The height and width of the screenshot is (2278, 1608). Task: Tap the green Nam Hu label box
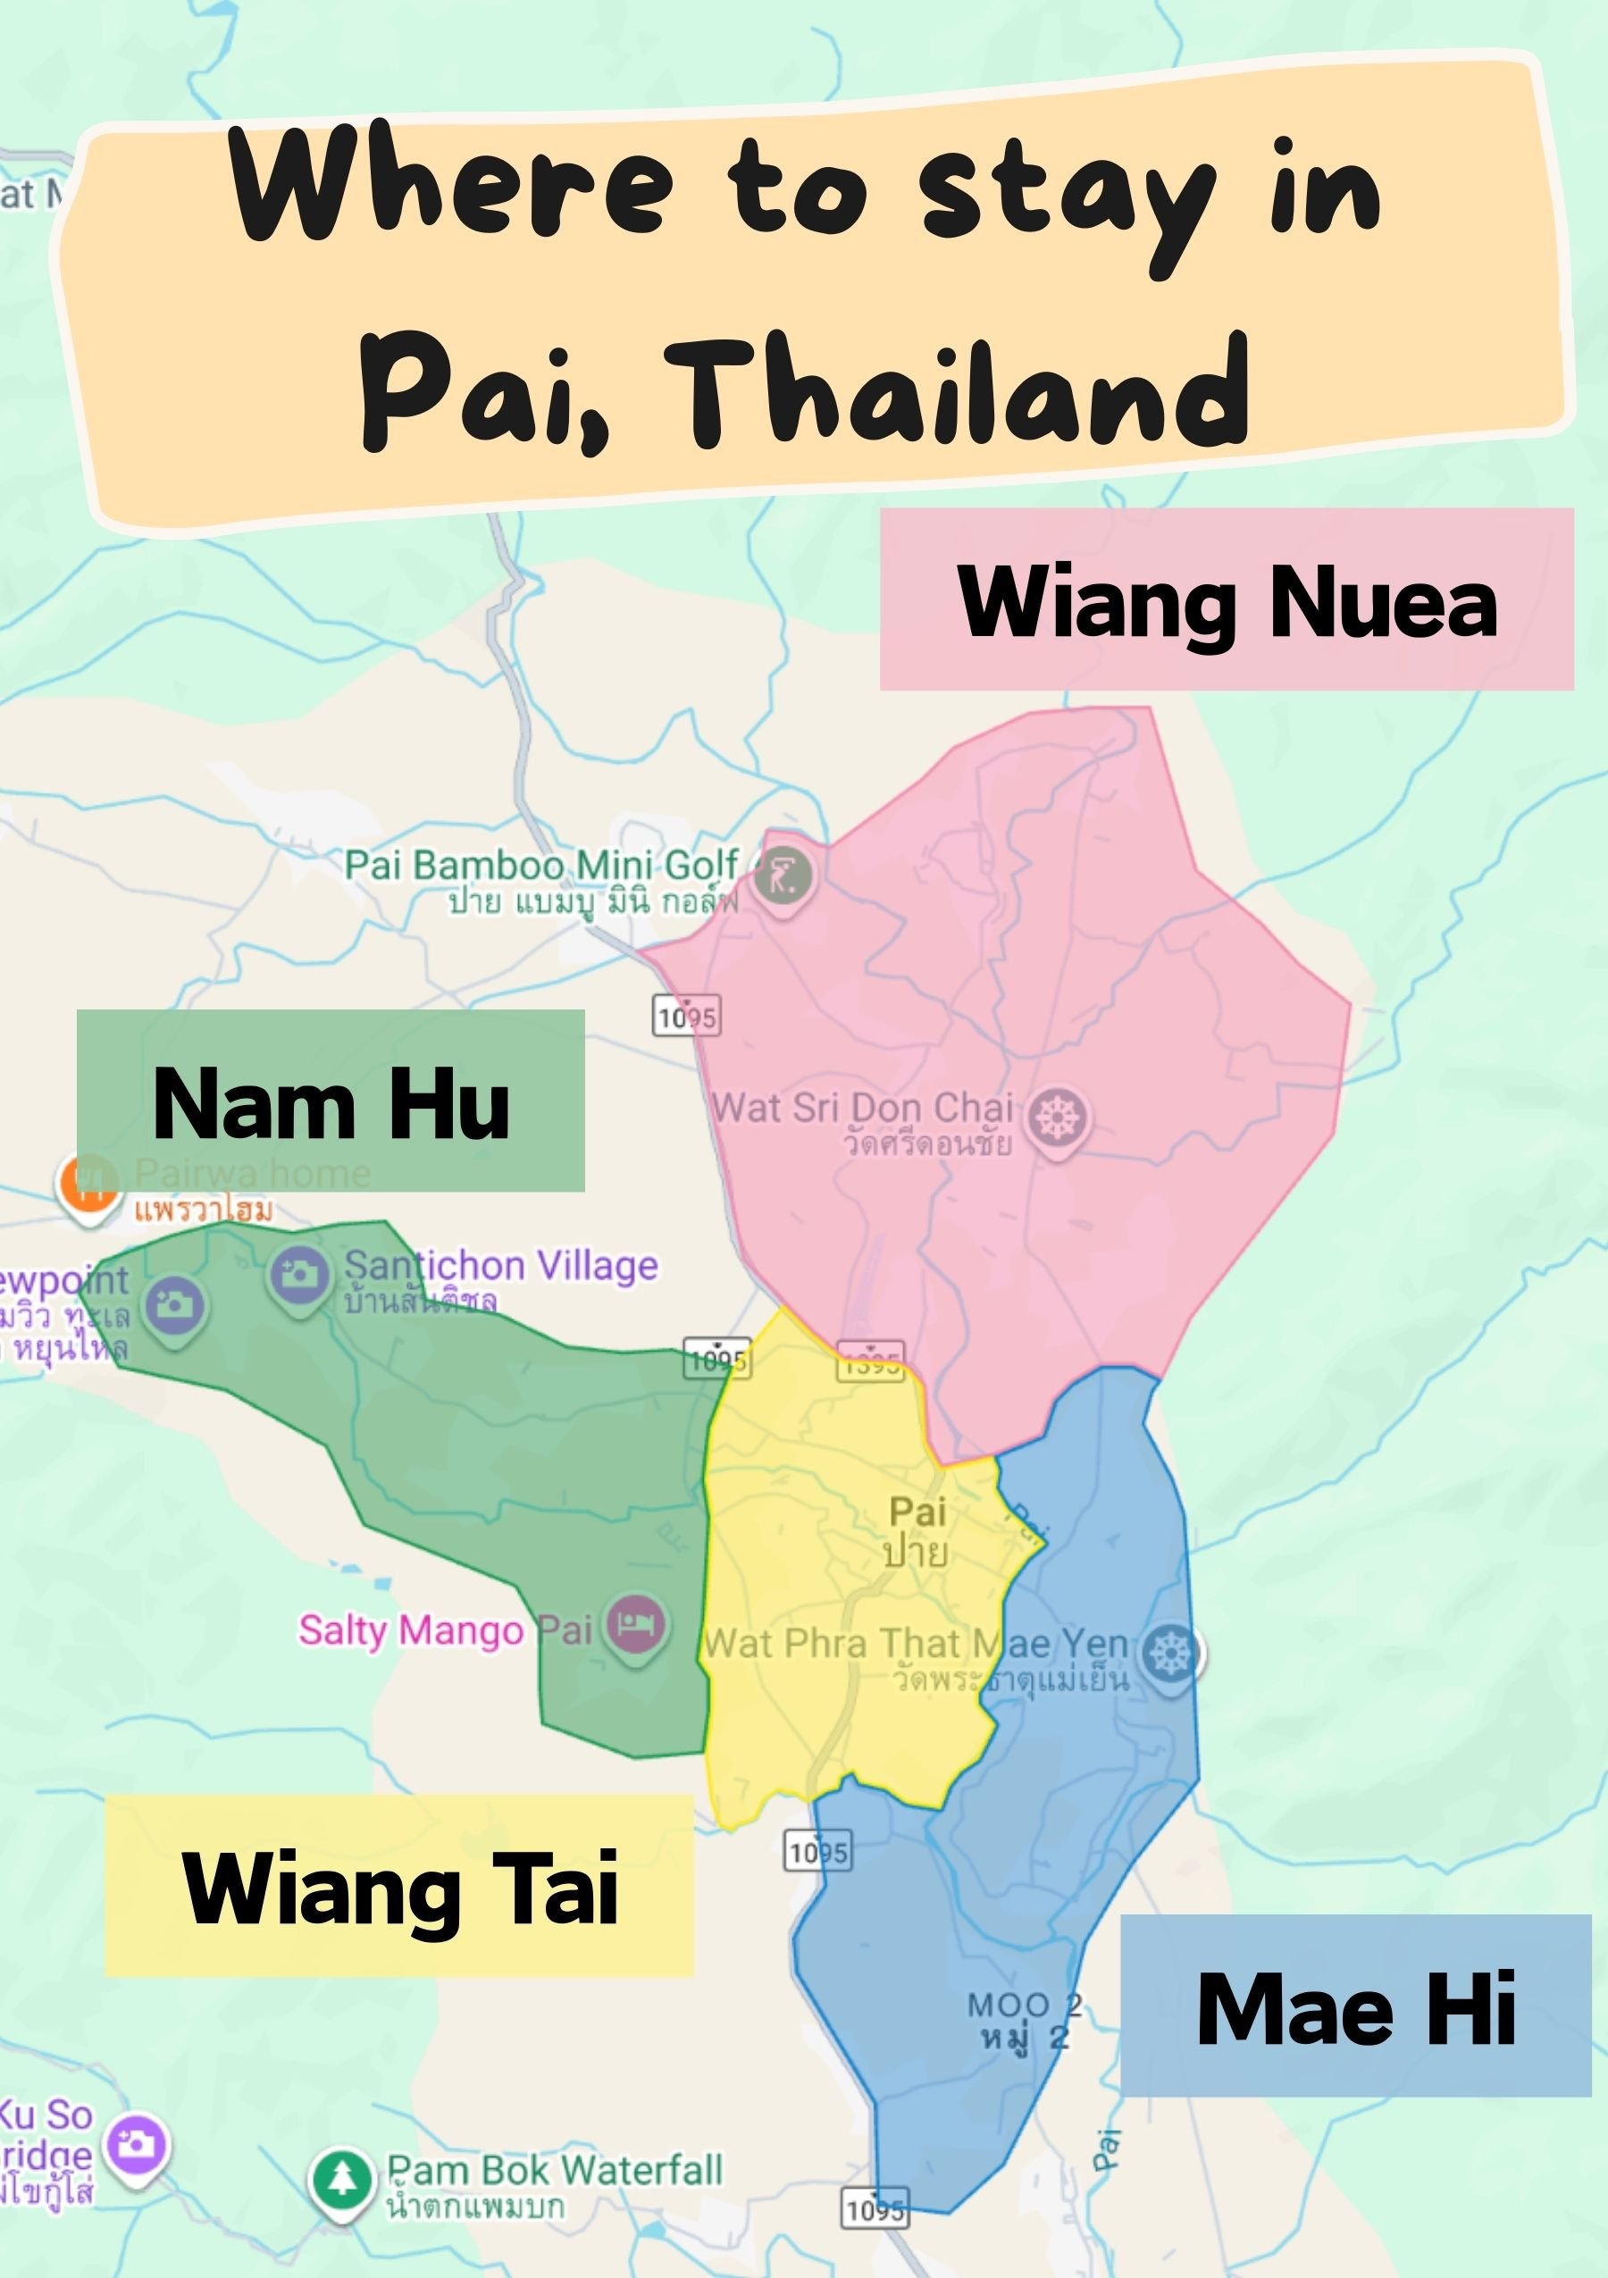coord(331,1101)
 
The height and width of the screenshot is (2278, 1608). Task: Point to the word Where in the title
coord(452,186)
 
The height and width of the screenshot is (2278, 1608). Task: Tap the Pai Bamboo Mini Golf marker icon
coord(783,876)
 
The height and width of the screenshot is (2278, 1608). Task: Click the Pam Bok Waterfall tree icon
coord(342,2177)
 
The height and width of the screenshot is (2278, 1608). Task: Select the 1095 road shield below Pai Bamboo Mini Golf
coord(686,1016)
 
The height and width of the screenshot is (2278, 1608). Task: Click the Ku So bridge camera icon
coord(137,2145)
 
